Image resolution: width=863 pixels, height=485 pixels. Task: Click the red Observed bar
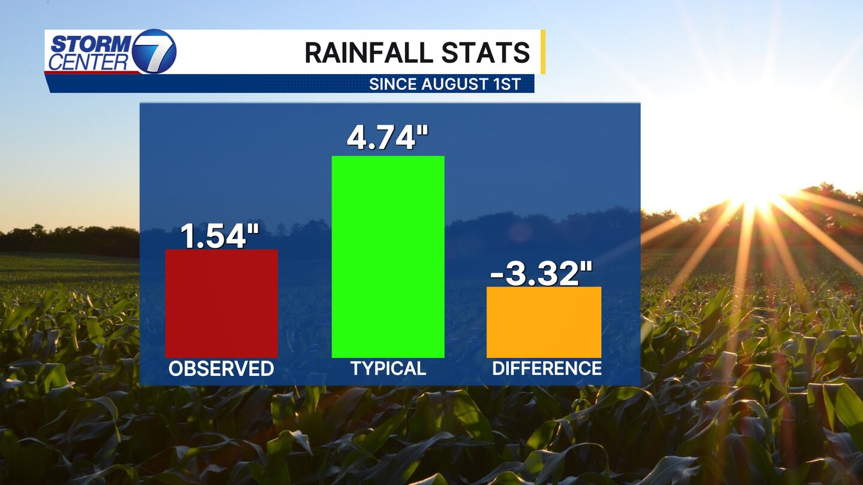pyautogui.click(x=221, y=303)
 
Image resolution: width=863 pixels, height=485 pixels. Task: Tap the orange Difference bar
pyautogui.click(x=544, y=322)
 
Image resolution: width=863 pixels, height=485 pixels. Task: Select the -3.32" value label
pyautogui.click(x=541, y=275)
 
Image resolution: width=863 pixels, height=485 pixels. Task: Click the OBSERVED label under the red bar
pyautogui.click(x=221, y=369)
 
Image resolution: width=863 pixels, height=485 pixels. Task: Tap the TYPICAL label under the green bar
pyautogui.click(x=388, y=369)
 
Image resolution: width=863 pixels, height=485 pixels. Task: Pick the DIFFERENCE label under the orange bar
pyautogui.click(x=547, y=369)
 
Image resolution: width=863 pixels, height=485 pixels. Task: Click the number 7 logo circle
pyautogui.click(x=154, y=51)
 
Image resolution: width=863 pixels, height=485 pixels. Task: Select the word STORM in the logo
pyautogui.click(x=90, y=44)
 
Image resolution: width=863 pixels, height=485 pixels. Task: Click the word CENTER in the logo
pyautogui.click(x=88, y=62)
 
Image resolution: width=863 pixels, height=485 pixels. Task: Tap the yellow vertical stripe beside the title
pyautogui.click(x=543, y=52)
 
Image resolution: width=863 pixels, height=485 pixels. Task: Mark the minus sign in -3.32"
pyautogui.click(x=497, y=277)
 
